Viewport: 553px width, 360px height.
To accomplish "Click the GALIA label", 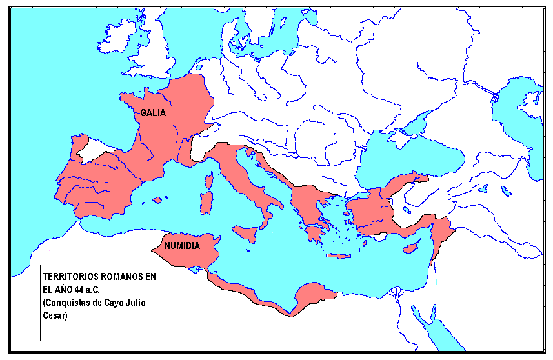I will click(x=153, y=112).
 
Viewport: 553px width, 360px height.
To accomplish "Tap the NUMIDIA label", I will click(x=182, y=246).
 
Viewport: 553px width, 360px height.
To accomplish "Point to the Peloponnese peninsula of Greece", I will click(x=316, y=232).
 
